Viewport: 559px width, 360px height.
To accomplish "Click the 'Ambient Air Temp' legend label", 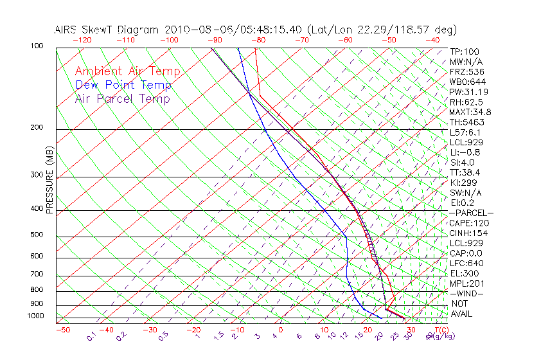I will click(x=127, y=71).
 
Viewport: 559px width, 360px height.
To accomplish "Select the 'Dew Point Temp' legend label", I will click(x=123, y=85).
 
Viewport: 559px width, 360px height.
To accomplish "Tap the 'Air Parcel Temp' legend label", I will click(x=122, y=98).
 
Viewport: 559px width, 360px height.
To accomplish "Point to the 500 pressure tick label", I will click(x=37, y=235).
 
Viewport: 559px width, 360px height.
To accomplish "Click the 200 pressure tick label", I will click(x=37, y=128).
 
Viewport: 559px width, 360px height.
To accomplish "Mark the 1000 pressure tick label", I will click(x=35, y=316).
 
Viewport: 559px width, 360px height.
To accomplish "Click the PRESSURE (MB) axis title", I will click(x=49, y=181).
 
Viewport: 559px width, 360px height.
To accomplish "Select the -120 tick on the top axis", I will click(x=82, y=40).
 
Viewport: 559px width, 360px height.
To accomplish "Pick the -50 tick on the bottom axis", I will click(x=62, y=330).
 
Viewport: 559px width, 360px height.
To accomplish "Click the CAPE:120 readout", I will click(x=466, y=223).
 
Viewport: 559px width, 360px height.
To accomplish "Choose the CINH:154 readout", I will click(x=466, y=233).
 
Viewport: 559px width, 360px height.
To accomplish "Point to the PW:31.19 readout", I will click(x=466, y=92).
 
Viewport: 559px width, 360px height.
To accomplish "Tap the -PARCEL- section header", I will click(x=471, y=213).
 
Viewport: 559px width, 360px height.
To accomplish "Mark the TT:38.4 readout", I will click(x=465, y=172).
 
